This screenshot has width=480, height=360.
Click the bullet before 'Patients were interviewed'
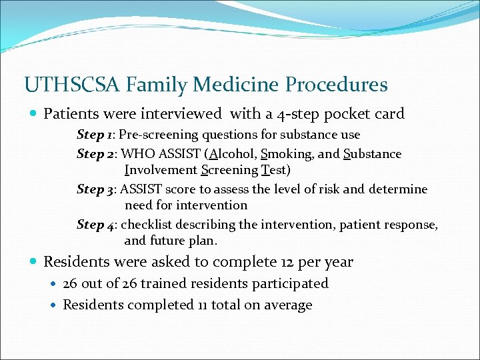point(33,114)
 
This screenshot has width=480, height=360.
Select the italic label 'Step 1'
point(95,135)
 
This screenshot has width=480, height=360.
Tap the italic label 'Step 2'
point(95,154)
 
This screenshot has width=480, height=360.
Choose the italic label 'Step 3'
point(95,189)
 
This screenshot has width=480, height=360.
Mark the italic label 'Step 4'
point(95,225)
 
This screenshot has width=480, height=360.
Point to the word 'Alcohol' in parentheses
point(229,154)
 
